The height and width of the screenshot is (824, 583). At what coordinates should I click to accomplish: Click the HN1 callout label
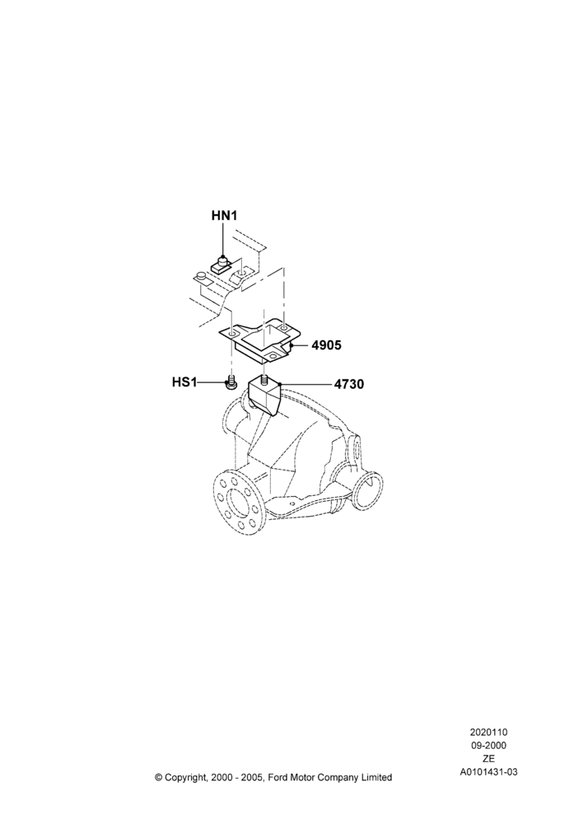pos(224,215)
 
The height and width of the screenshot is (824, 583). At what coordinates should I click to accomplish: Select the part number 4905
pos(326,345)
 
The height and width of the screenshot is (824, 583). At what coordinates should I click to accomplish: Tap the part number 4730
pos(349,385)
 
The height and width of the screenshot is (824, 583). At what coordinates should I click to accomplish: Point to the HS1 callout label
pos(184,382)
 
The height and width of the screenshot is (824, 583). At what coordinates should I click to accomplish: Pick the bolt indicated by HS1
pos(230,384)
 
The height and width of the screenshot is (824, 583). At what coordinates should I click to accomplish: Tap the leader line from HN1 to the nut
pos(224,239)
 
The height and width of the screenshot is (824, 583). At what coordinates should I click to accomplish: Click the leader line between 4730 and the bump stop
pos(307,384)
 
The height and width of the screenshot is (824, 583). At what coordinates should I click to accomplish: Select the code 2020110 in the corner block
pos(488,732)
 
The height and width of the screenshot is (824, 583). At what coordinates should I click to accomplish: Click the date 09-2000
pos(488,745)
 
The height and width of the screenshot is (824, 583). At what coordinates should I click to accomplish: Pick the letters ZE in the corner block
pos(488,758)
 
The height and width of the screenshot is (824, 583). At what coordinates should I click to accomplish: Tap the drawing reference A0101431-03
pos(488,772)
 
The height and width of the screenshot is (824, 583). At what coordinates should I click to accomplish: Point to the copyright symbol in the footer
pos(159,777)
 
